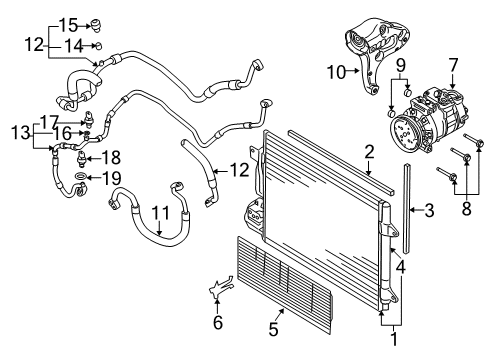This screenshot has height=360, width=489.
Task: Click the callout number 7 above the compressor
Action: [x=453, y=66]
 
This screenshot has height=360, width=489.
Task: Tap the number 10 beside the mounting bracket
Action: [x=337, y=72]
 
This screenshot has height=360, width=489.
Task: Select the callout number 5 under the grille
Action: [x=273, y=329]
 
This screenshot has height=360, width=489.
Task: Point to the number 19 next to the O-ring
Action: [x=111, y=179]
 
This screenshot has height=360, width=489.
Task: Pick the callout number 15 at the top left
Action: [x=68, y=25]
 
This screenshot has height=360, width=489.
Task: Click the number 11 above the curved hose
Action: [x=161, y=213]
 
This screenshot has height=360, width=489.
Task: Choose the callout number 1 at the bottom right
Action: [x=394, y=339]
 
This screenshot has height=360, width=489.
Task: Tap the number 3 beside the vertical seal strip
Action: [x=429, y=210]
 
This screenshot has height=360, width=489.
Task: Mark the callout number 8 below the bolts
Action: [x=466, y=208]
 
